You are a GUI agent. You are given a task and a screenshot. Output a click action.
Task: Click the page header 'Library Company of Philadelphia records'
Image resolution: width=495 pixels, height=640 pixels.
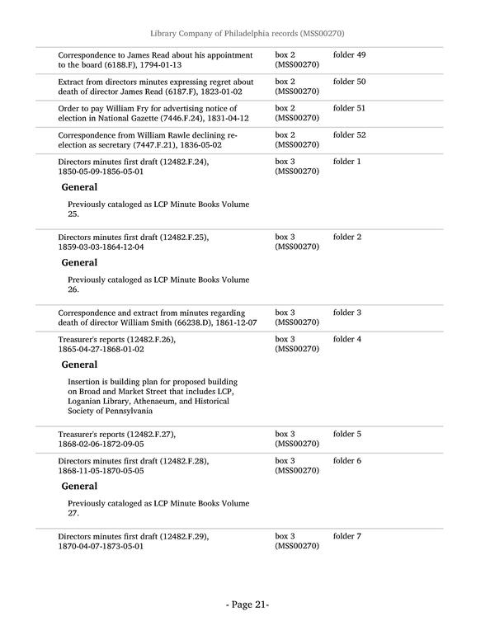[247, 33]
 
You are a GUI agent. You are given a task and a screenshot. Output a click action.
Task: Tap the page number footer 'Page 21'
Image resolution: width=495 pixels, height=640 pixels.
[247, 605]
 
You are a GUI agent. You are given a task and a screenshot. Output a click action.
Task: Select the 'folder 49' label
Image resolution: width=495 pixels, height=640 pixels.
[349, 55]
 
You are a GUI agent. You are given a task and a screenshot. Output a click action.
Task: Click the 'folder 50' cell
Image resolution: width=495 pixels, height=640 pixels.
[349, 82]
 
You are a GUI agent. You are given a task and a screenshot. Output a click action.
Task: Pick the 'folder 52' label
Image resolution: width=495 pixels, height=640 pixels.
[349, 134]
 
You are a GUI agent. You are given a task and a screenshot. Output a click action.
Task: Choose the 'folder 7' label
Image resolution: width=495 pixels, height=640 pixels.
[347, 537]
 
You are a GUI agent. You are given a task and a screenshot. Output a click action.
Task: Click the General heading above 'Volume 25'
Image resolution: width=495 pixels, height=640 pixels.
[79, 187]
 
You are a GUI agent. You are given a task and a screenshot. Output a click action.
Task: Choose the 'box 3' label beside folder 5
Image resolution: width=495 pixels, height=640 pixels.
[285, 435]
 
